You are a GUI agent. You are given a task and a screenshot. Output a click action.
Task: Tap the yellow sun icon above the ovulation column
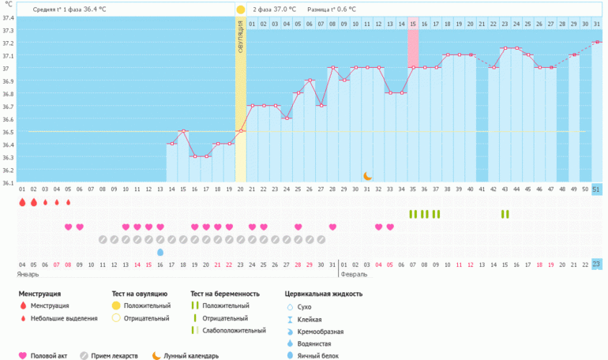pyautogui.click(x=240, y=9)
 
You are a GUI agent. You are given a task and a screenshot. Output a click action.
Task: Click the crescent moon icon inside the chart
pyautogui.click(x=367, y=176)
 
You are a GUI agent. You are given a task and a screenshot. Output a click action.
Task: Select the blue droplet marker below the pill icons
pyautogui.click(x=160, y=252)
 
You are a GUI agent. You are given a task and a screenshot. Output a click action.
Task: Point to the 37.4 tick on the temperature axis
pyautogui.click(x=8, y=17)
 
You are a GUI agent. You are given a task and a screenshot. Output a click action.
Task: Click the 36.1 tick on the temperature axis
pyautogui.click(x=8, y=182)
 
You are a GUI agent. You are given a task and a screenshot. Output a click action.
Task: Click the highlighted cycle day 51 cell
pyautogui.click(x=596, y=189)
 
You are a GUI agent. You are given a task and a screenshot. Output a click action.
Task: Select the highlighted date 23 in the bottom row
pyautogui.click(x=596, y=264)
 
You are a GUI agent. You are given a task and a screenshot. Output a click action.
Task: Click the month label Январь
pyautogui.click(x=28, y=275)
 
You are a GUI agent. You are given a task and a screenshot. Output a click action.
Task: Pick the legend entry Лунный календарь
pyautogui.click(x=191, y=356)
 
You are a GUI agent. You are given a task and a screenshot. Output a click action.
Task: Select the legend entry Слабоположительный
pyautogui.click(x=234, y=331)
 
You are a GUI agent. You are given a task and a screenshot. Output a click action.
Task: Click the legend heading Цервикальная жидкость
pyautogui.click(x=324, y=294)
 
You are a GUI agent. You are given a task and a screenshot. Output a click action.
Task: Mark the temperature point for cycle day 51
pyautogui.click(x=596, y=42)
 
